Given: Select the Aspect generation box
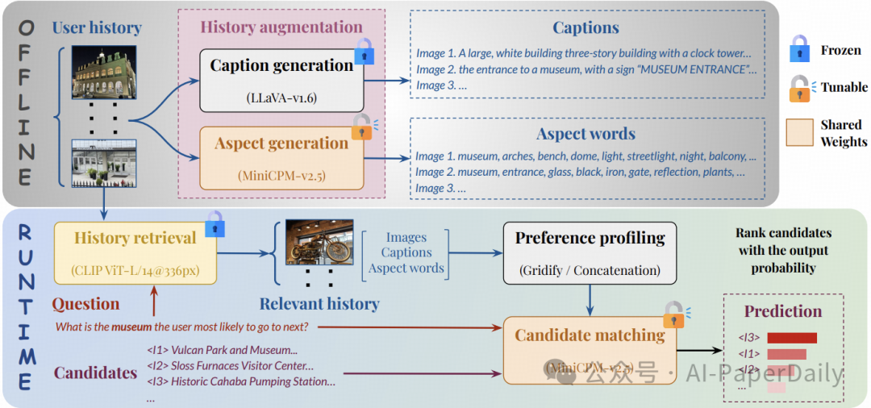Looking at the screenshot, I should [x=281, y=157].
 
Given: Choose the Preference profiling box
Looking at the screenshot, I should [x=590, y=252].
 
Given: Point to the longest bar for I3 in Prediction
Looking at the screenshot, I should [x=791, y=338].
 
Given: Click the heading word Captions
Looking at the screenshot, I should [x=586, y=28].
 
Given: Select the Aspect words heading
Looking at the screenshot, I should [x=586, y=134].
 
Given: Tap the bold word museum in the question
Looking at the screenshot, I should [x=131, y=327].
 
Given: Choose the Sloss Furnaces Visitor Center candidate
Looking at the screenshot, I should [x=230, y=366].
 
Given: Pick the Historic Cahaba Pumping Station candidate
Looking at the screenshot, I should [x=241, y=381].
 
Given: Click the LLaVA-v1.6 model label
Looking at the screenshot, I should [x=281, y=98].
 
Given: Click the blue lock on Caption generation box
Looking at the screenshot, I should [x=365, y=49].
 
